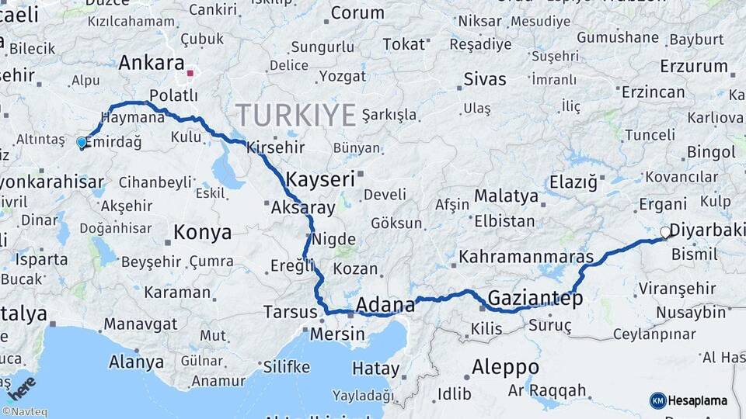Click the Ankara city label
(152, 63)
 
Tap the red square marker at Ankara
(190, 75)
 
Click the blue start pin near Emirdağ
(81, 143)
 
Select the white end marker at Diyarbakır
(665, 232)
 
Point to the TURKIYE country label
(296, 115)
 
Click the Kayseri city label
(320, 179)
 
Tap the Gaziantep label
(535, 299)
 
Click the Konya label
(202, 232)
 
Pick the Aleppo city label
(505, 366)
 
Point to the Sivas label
(484, 79)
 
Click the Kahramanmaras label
(526, 256)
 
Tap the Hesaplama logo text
(698, 400)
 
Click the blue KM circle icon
(657, 400)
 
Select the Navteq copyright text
(24, 412)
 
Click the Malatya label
(506, 196)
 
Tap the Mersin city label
(337, 335)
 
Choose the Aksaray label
(303, 208)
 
